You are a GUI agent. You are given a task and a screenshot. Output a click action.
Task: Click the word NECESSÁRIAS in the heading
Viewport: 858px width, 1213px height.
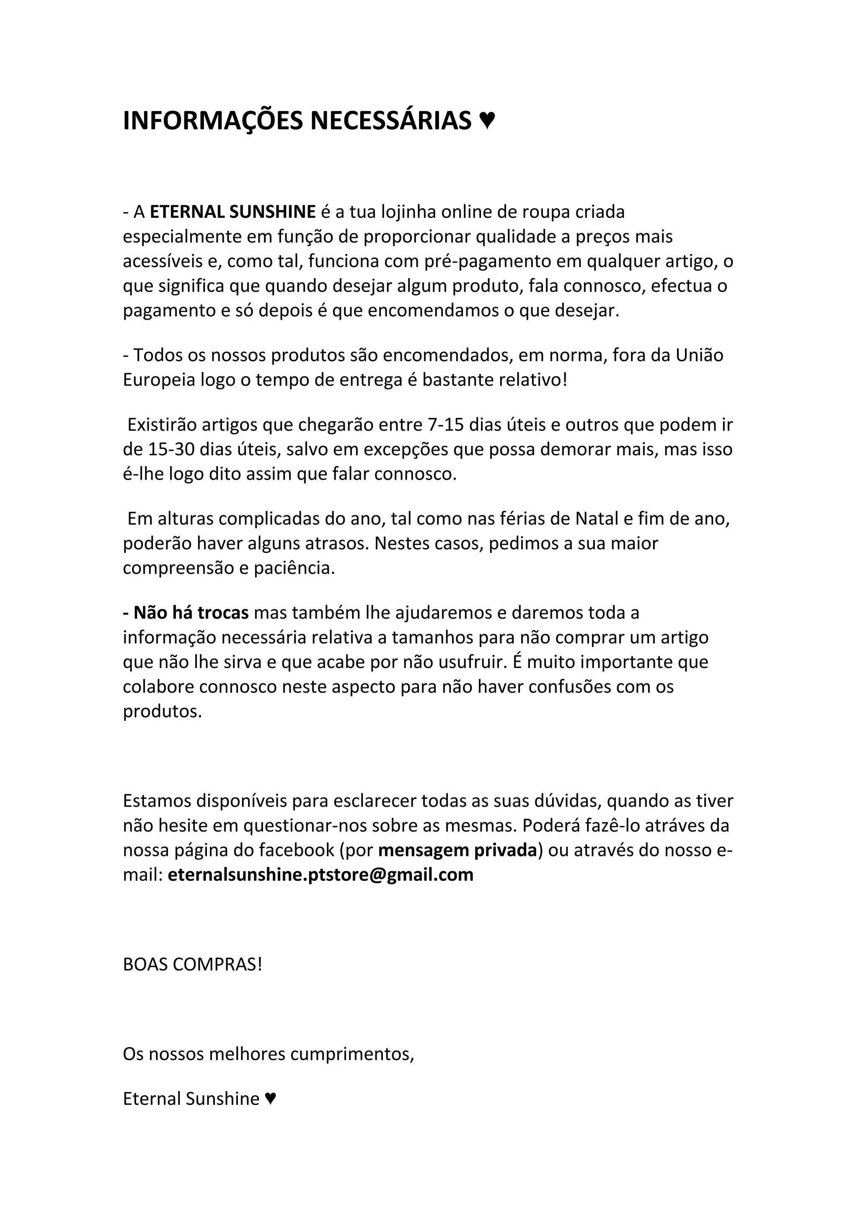pos(390,121)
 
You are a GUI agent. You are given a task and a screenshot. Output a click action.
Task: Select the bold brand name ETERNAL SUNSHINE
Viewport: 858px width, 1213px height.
pos(233,212)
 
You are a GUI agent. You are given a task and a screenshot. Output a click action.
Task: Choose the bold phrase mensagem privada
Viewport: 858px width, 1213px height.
pos(457,849)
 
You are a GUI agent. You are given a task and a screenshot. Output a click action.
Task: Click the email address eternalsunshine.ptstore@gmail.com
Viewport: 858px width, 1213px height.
pos(320,874)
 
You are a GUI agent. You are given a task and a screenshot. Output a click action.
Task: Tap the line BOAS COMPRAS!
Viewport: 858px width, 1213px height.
pos(192,964)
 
